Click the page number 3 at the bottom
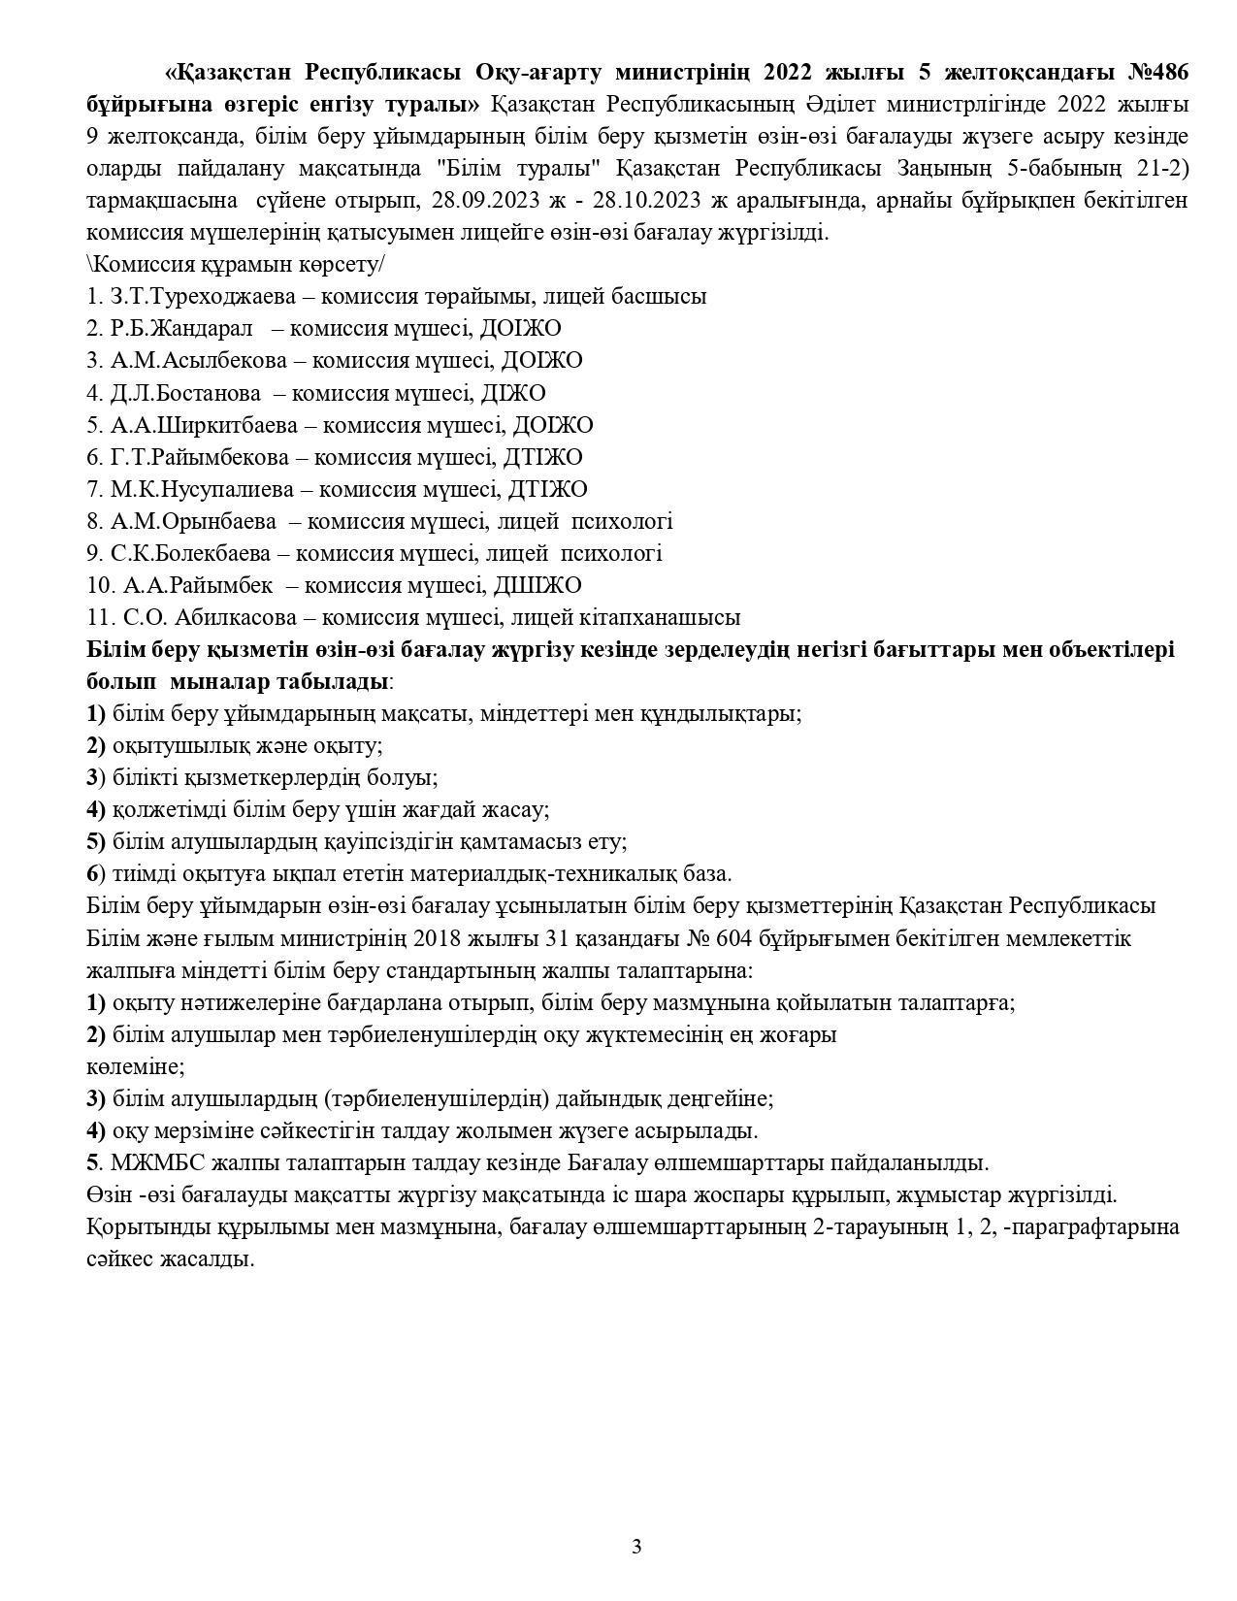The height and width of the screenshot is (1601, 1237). click(636, 1547)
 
